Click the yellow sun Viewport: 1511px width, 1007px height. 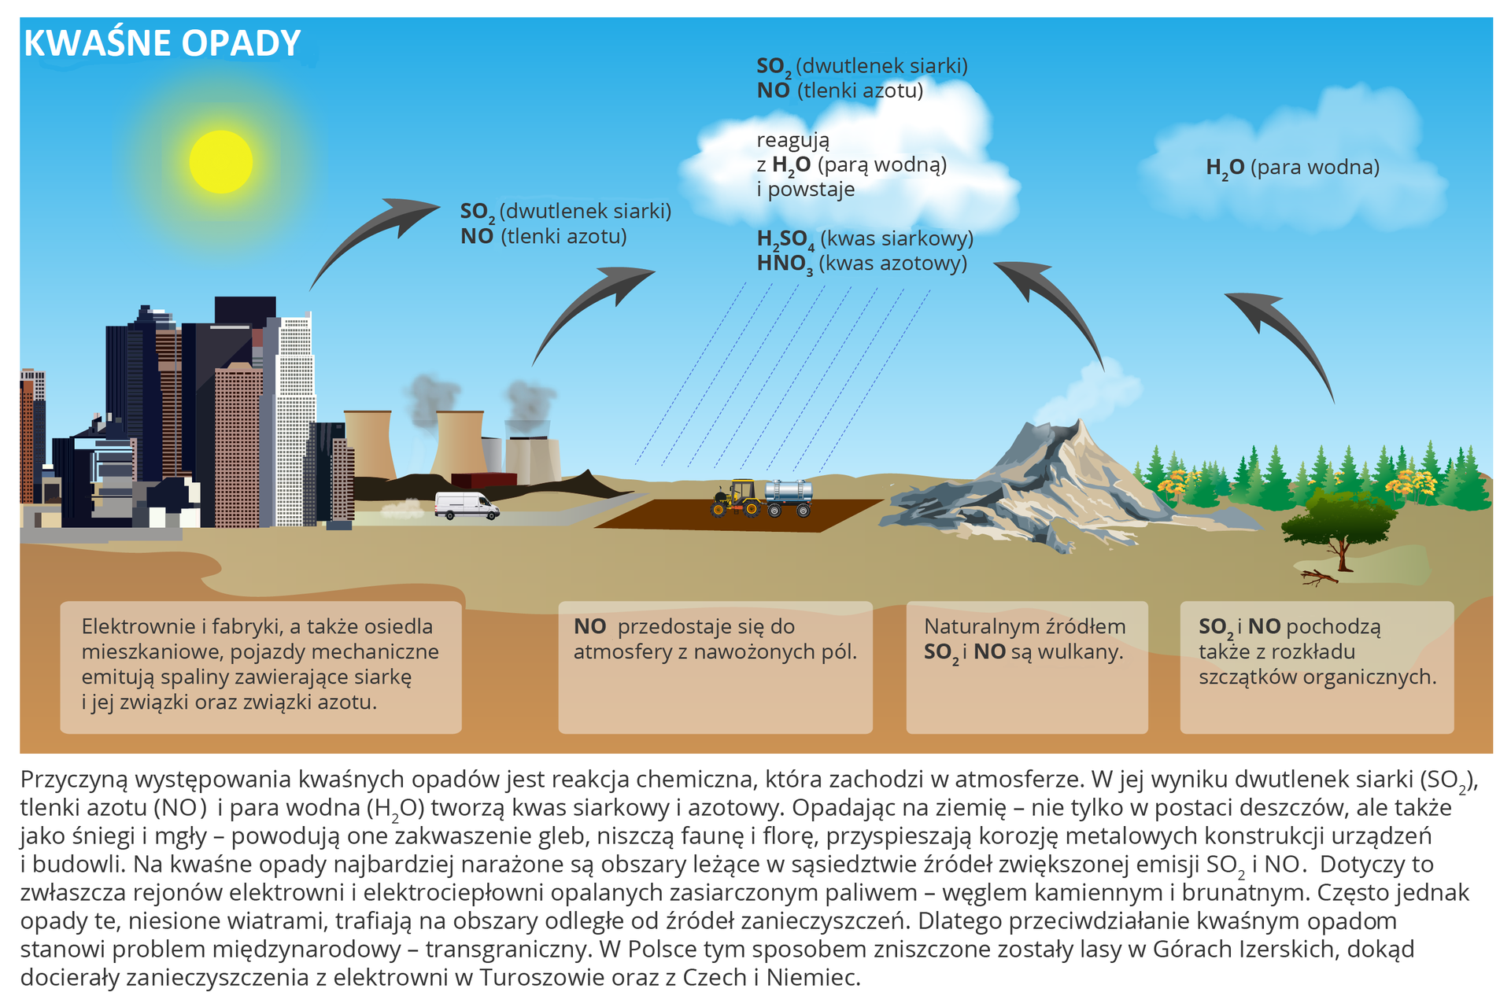pyautogui.click(x=221, y=161)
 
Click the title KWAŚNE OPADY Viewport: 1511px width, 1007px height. pyautogui.click(x=162, y=43)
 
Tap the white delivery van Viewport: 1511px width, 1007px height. pyautogui.click(x=467, y=506)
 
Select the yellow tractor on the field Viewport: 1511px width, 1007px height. pyautogui.click(x=736, y=498)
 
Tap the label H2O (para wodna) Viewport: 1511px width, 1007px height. pyautogui.click(x=1292, y=168)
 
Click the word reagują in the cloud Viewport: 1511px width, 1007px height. pyautogui.click(x=792, y=141)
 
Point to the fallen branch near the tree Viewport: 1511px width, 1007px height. pyautogui.click(x=1319, y=578)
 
